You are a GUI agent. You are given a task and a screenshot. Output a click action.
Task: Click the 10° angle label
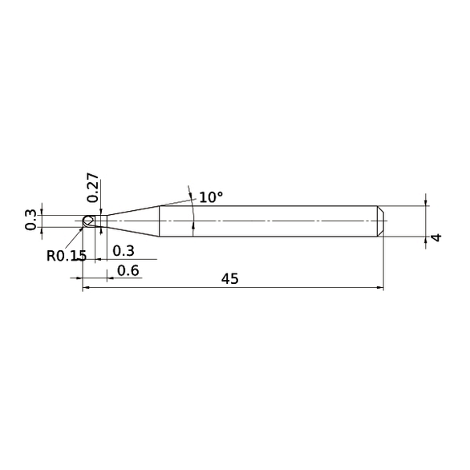click(x=211, y=197)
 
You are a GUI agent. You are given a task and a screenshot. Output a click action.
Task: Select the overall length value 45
click(x=229, y=279)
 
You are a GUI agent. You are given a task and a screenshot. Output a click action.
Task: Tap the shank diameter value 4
click(x=437, y=238)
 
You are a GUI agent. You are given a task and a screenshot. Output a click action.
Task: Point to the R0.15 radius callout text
click(x=66, y=257)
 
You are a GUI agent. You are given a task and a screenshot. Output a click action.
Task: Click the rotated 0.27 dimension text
click(x=93, y=186)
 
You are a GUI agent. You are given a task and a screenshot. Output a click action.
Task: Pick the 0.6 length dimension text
click(x=128, y=270)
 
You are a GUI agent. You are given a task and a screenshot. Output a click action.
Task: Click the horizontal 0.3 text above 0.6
click(x=124, y=251)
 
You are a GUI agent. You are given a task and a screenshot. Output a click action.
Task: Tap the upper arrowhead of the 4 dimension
click(x=424, y=202)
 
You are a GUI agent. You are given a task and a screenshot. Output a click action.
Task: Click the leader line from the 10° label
click(x=178, y=201)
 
